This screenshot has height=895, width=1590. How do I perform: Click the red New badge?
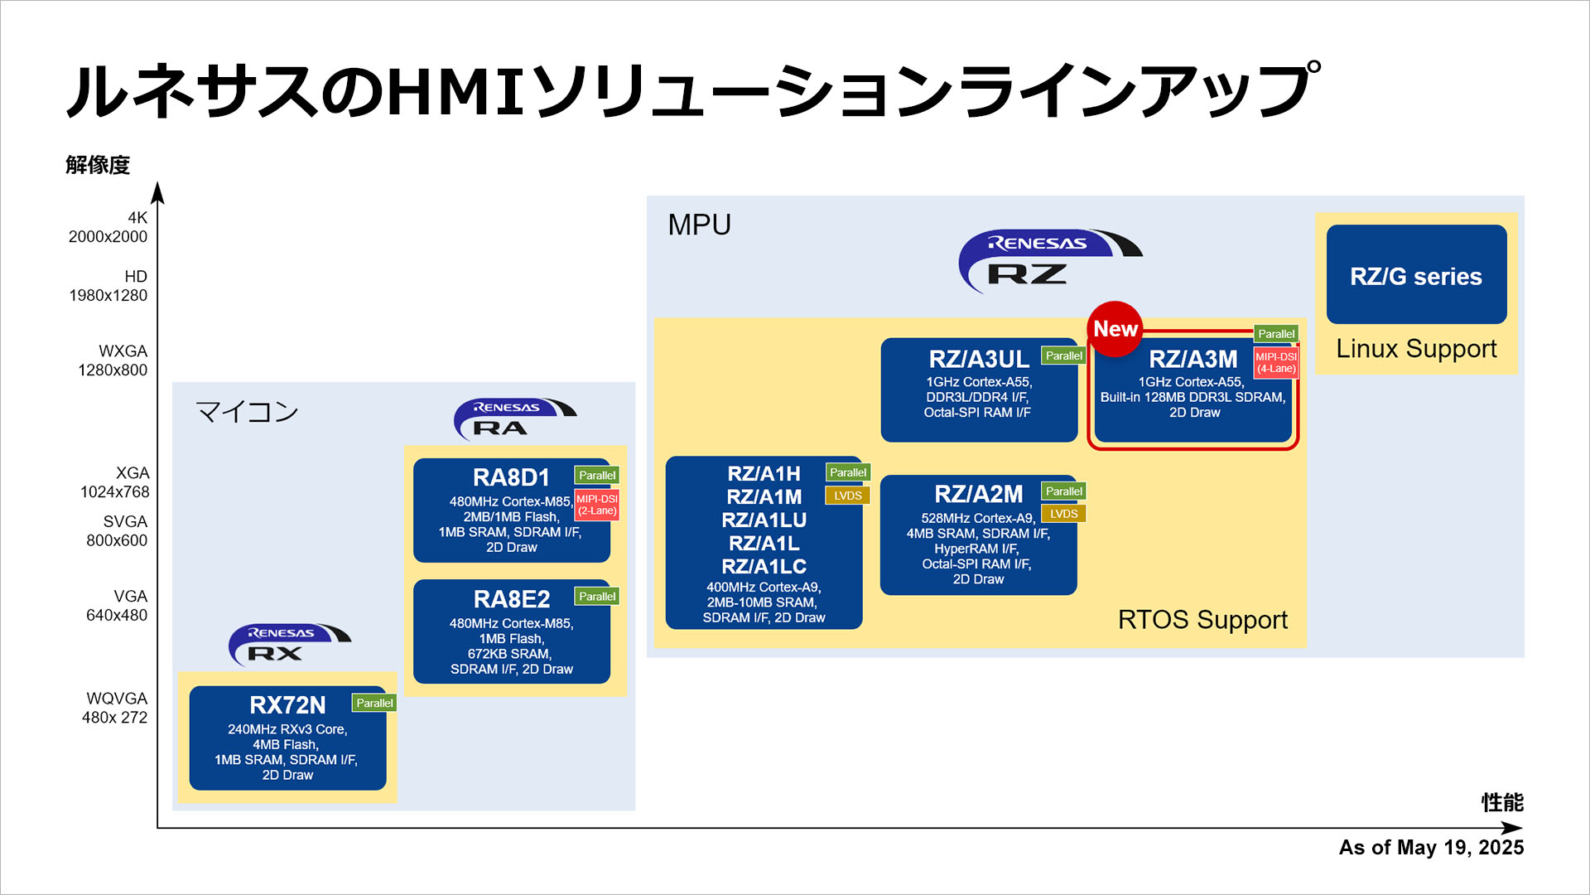[1115, 329]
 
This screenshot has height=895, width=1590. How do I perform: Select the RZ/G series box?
[1416, 275]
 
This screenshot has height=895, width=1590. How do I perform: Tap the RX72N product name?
[287, 705]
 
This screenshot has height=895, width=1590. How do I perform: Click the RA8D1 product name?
[511, 478]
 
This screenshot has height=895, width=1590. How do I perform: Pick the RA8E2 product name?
[512, 599]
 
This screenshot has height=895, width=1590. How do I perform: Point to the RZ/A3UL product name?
[979, 360]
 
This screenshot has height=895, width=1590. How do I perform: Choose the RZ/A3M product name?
[1192, 360]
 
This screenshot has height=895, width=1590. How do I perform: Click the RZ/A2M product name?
[978, 495]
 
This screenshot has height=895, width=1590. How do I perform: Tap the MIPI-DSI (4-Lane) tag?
[1276, 363]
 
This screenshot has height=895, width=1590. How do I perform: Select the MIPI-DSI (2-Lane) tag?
[597, 505]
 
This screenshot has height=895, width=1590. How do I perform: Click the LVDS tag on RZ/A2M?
[1063, 514]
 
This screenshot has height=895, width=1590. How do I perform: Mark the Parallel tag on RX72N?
[374, 703]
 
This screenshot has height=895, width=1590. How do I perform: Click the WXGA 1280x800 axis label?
[113, 360]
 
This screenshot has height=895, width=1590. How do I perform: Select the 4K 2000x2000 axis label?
[108, 227]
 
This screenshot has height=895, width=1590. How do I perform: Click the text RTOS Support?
[1202, 620]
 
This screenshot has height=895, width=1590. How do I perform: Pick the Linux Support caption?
[1416, 349]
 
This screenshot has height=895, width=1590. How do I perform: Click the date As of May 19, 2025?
[1431, 848]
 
